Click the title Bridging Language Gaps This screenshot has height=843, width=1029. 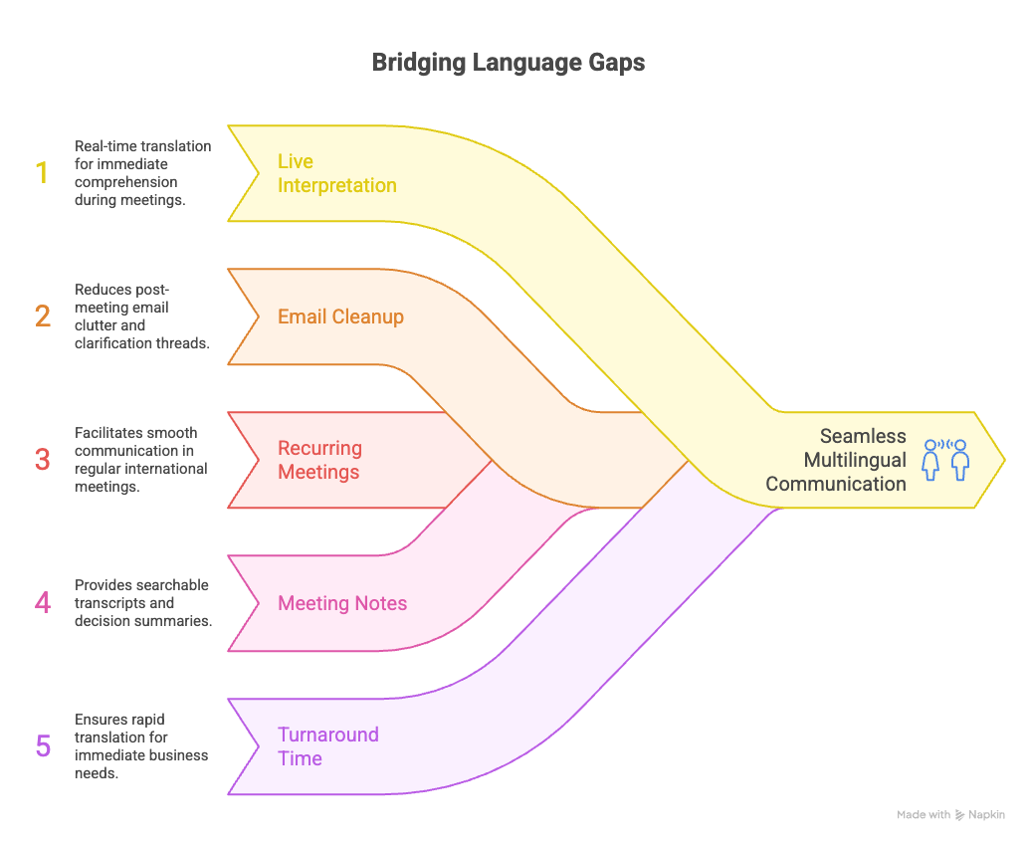(x=508, y=63)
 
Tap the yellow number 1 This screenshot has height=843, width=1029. (x=42, y=172)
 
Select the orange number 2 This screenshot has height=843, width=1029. (x=42, y=316)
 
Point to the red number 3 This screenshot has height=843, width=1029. (x=42, y=459)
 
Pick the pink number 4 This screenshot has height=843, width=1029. (x=42, y=602)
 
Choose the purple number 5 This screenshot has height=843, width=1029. (x=43, y=745)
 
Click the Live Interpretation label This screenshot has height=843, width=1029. (x=336, y=173)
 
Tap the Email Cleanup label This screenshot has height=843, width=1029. (x=340, y=316)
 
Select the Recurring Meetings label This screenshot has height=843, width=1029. (x=319, y=460)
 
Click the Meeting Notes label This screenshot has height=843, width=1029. (x=342, y=603)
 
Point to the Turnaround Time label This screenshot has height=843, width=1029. (x=327, y=746)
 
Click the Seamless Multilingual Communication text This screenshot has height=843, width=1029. (x=836, y=460)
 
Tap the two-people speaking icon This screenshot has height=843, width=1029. (x=945, y=460)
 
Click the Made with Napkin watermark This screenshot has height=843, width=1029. (x=950, y=814)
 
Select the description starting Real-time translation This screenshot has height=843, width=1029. (x=142, y=172)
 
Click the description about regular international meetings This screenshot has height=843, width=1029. (x=140, y=459)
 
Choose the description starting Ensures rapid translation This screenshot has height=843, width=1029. (x=140, y=745)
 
